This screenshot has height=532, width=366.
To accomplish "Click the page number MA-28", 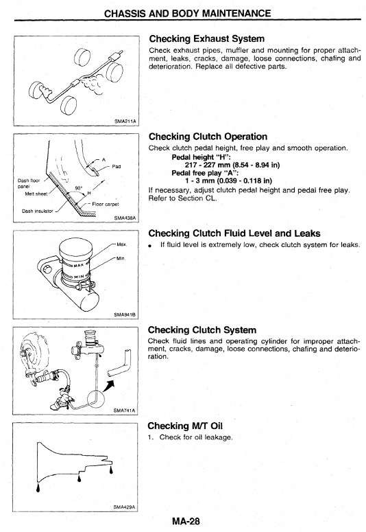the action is coord(186,521).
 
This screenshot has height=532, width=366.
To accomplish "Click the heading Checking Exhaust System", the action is coord(207,38).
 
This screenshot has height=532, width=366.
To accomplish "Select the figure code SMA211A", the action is coord(125,121).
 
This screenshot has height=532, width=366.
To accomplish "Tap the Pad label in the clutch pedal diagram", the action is coord(117,167).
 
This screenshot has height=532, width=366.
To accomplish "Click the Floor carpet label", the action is coord(106,205).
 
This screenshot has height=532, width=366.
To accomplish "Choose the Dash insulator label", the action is coord(37,211).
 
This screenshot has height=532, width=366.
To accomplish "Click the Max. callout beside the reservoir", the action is coord(122,244).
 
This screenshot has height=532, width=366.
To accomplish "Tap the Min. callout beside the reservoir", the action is coord(121,259).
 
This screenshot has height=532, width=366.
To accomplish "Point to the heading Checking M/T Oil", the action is coord(185,426).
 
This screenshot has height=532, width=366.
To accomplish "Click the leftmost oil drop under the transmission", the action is coord(38,487).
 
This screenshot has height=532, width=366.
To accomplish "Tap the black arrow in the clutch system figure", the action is coord(109,385).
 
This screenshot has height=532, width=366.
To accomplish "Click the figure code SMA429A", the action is coord(124,507).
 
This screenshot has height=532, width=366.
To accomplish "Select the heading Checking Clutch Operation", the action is coord(208,137).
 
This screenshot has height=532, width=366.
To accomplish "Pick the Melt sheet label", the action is coord(36,194).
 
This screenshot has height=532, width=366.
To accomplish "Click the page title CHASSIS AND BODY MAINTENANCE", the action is coord(187,14).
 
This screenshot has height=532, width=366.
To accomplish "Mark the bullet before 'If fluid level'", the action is coord(150,245).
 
